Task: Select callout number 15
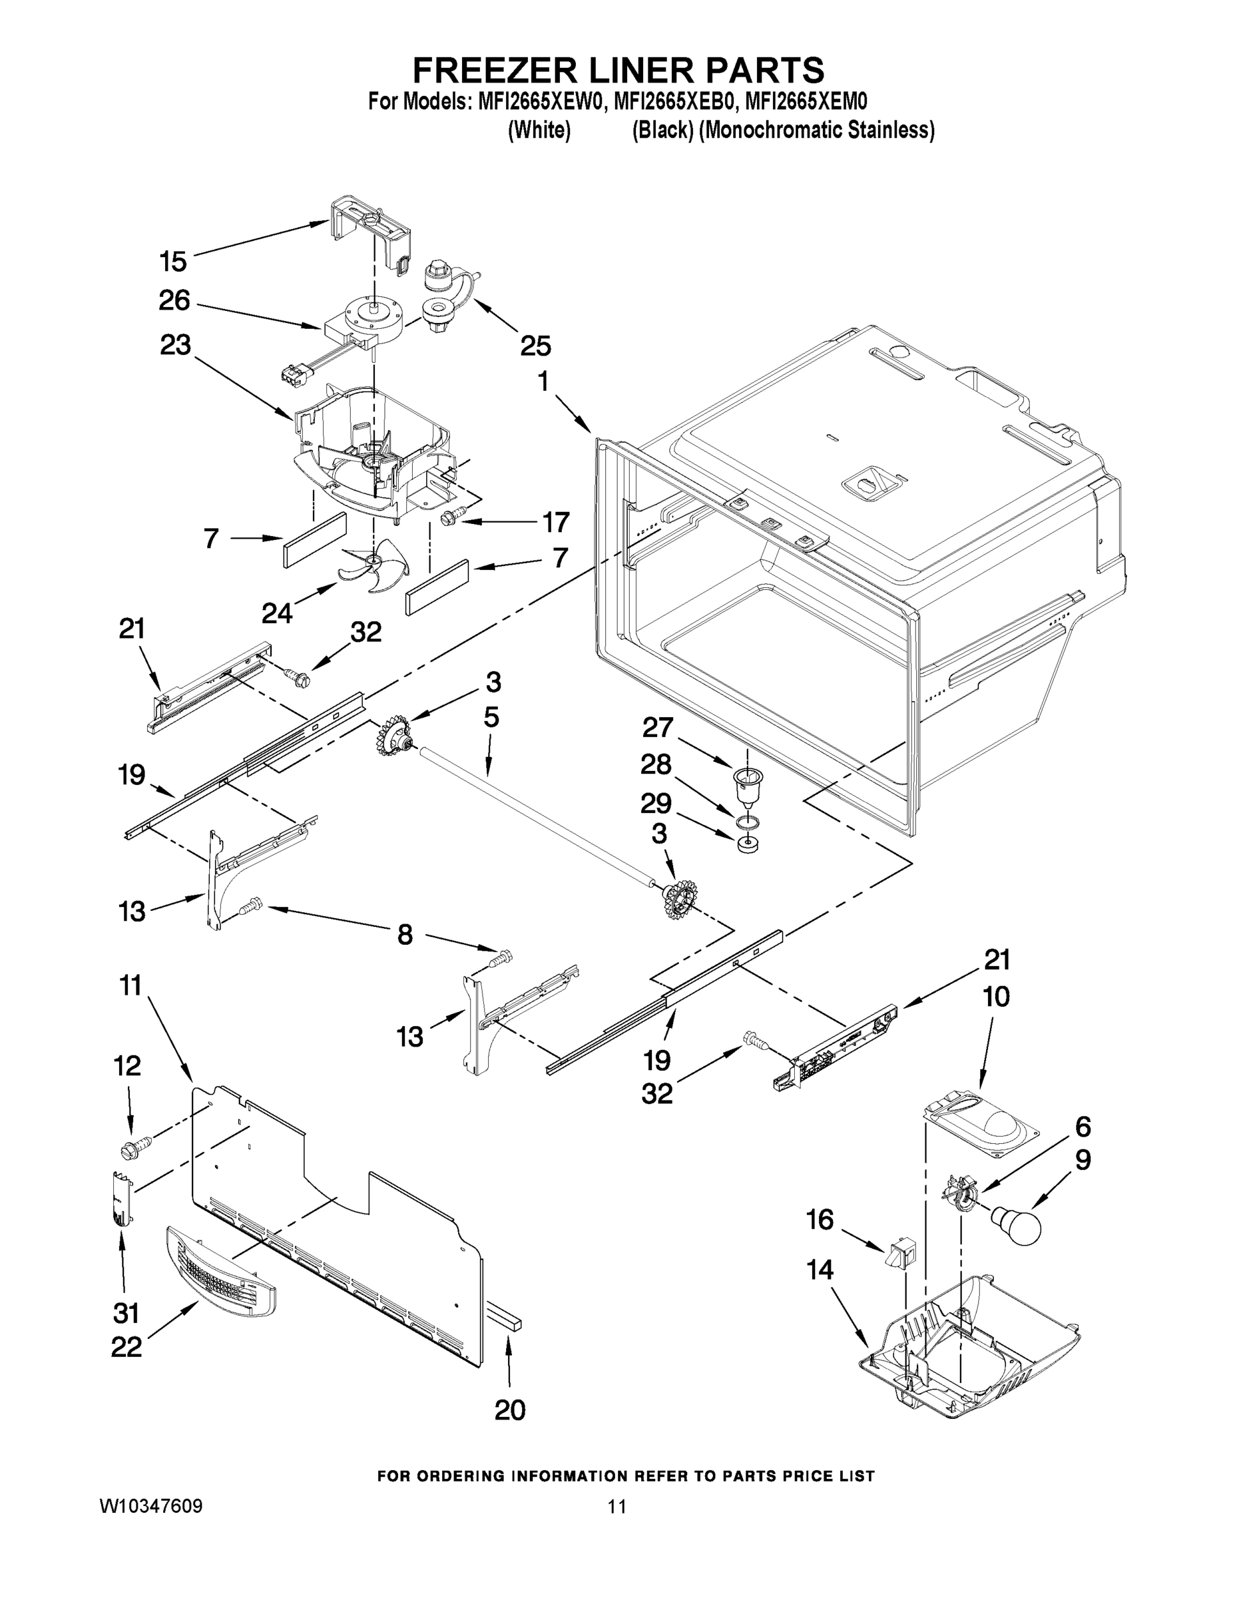(x=173, y=261)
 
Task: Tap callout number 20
(x=510, y=1410)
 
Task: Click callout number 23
(x=175, y=346)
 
